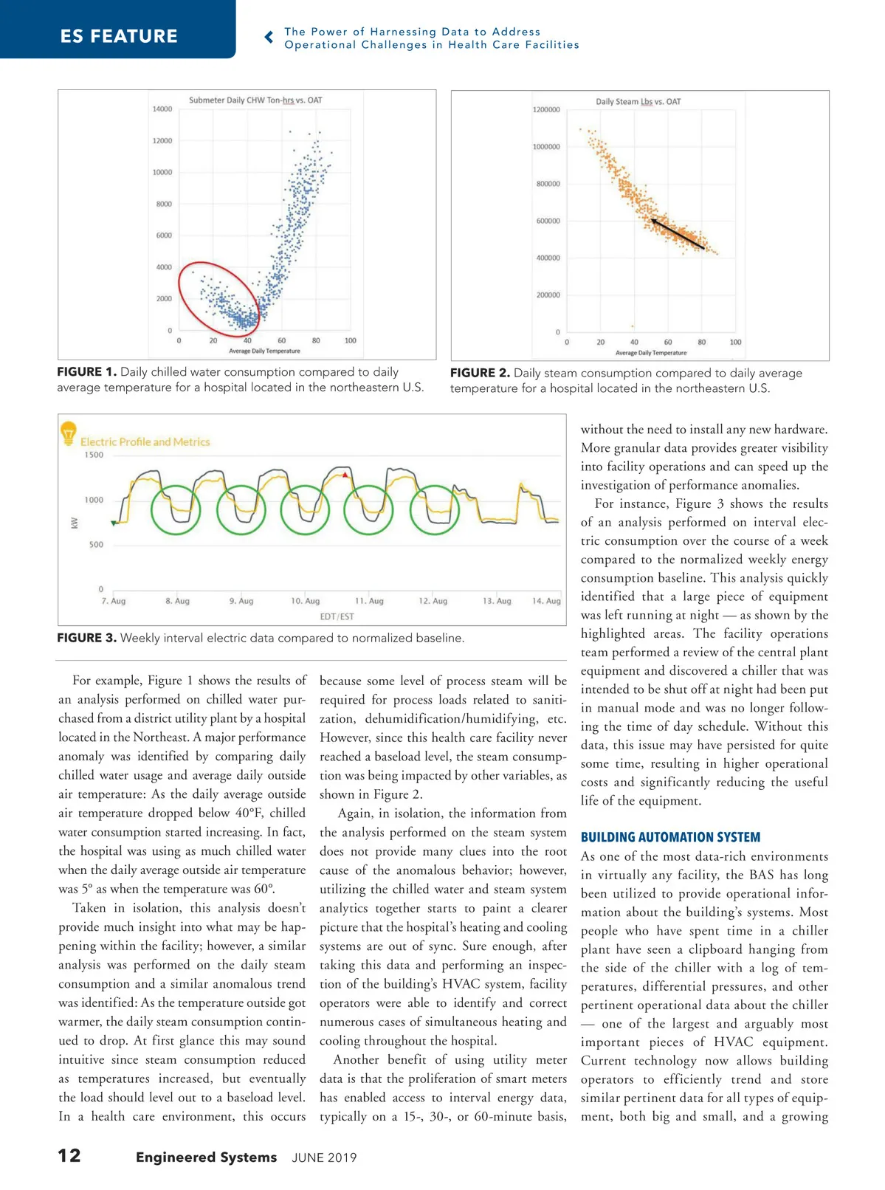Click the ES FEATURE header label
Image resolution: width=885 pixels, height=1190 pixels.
pyautogui.click(x=119, y=36)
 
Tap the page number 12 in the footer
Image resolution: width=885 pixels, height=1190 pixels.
pyautogui.click(x=69, y=1155)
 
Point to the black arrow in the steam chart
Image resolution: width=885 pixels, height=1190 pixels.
pyautogui.click(x=676, y=232)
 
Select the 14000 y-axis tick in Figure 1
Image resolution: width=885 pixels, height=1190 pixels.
pyautogui.click(x=162, y=109)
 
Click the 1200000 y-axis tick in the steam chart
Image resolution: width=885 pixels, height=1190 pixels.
pyautogui.click(x=546, y=110)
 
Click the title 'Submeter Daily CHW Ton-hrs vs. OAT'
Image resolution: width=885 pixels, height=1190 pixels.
pyautogui.click(x=255, y=100)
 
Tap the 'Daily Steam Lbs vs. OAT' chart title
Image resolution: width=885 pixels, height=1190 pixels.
pyautogui.click(x=638, y=102)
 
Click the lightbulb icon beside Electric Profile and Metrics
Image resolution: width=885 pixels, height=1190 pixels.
pyautogui.click(x=69, y=431)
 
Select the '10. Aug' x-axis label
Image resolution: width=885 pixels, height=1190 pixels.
pyautogui.click(x=306, y=601)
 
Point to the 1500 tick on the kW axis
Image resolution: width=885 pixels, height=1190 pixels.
pyautogui.click(x=94, y=455)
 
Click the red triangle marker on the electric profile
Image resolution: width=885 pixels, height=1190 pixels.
pyautogui.click(x=345, y=475)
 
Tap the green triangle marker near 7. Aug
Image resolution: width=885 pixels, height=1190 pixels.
pyautogui.click(x=113, y=523)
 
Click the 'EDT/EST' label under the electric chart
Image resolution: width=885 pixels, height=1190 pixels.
pyautogui.click(x=337, y=616)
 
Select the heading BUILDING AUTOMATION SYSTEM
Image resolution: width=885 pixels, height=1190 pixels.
pyautogui.click(x=670, y=837)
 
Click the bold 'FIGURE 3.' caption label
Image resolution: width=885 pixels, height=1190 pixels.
pyautogui.click(x=87, y=638)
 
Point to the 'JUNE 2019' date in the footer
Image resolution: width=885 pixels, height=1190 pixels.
pyautogui.click(x=324, y=1158)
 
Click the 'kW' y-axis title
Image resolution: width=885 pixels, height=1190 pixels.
pyautogui.click(x=74, y=523)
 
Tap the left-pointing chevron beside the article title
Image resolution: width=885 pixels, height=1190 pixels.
pyautogui.click(x=269, y=37)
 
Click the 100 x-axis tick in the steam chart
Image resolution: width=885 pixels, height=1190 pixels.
pyautogui.click(x=735, y=343)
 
